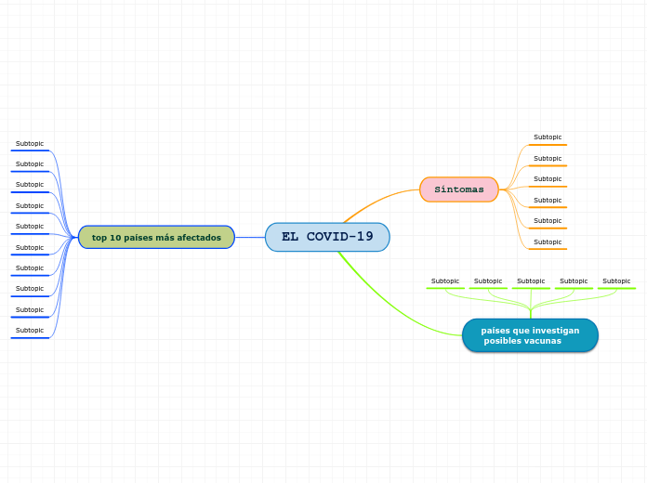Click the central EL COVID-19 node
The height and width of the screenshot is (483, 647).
point(327,237)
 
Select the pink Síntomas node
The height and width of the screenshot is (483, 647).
point(459,189)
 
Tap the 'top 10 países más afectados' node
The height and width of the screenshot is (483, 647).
point(156,237)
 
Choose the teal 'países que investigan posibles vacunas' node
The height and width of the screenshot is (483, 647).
point(530,335)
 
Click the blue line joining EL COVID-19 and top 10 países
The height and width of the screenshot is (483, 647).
point(250,237)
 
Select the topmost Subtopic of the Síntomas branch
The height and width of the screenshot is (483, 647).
point(548,137)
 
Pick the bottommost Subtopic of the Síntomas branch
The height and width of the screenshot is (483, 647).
point(548,241)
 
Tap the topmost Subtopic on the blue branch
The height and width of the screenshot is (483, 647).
point(30,144)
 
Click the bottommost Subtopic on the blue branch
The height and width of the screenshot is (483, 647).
point(30,331)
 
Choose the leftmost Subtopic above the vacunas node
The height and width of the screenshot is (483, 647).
point(445,281)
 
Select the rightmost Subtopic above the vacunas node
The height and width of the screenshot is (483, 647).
point(616,281)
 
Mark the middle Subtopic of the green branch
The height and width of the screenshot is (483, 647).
point(531,281)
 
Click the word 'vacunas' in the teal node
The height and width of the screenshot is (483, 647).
point(543,341)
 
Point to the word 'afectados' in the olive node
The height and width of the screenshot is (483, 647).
point(199,237)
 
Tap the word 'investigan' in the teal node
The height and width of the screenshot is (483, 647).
point(554,330)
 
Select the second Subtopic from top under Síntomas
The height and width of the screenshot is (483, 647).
point(548,158)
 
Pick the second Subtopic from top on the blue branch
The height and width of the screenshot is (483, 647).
point(30,164)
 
